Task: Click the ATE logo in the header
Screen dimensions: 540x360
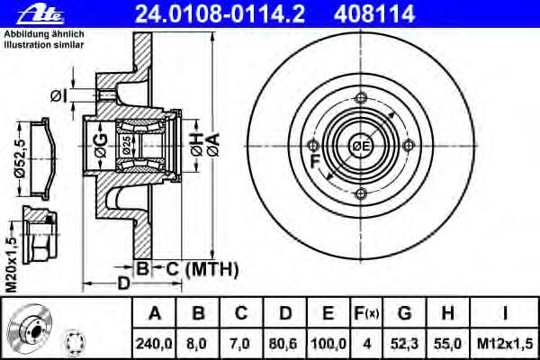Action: click(x=40, y=14)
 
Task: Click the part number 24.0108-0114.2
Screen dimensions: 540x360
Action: click(x=220, y=14)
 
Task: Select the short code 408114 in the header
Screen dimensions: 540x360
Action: click(x=374, y=14)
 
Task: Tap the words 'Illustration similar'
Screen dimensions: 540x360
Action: click(x=44, y=45)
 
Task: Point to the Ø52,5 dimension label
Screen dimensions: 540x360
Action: click(x=21, y=158)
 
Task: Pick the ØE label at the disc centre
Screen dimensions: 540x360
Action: click(x=361, y=146)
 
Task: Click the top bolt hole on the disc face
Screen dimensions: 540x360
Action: click(x=361, y=98)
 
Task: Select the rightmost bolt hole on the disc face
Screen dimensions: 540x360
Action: click(x=409, y=146)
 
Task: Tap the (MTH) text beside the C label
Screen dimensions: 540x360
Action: click(x=211, y=269)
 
